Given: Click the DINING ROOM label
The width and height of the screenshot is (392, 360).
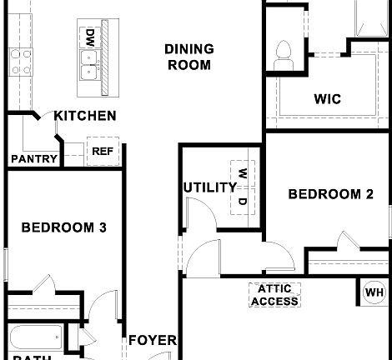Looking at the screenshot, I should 188,57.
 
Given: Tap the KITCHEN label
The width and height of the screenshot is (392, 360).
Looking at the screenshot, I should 85,116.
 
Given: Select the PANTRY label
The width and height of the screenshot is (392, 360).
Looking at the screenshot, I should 34,159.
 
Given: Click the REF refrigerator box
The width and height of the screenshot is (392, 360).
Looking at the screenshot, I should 102,152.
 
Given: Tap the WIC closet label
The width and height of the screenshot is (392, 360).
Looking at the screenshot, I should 327,99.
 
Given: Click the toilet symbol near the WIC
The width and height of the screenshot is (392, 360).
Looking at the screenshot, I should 282,54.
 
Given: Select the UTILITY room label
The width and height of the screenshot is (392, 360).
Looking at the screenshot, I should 209,187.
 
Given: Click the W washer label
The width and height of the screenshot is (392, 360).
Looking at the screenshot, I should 242,174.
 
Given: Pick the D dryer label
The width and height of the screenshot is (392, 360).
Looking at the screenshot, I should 242,201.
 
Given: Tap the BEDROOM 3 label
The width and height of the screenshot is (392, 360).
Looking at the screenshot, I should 63,227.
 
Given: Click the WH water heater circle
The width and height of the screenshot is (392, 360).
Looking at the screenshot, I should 374,292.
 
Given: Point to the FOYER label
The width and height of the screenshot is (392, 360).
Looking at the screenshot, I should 153,340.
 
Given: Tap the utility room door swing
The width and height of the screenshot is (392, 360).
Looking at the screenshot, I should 199,214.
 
